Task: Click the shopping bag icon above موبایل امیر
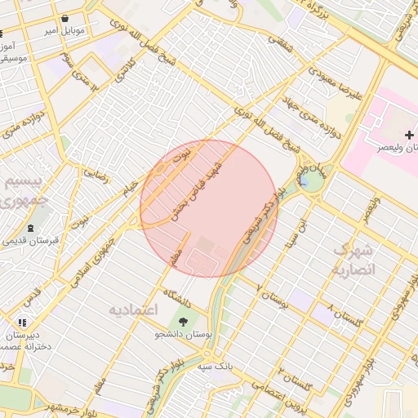[x=64, y=17]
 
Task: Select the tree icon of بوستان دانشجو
[x=183, y=322]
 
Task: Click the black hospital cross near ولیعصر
[x=409, y=133]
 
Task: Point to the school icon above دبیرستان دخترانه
[x=22, y=322]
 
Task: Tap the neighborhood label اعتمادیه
[x=136, y=311]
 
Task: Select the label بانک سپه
[x=214, y=367]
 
